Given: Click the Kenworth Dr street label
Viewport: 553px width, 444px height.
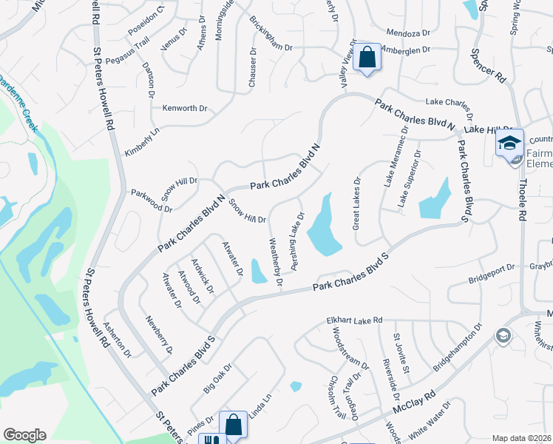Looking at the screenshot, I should pos(185,108).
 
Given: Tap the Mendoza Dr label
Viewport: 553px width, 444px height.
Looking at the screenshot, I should pos(409,33).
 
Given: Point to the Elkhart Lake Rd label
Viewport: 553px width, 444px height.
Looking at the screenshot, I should pos(354,320).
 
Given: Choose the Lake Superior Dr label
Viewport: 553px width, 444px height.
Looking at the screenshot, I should pos(410,178).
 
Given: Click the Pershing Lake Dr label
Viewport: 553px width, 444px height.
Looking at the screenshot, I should pos(296,241).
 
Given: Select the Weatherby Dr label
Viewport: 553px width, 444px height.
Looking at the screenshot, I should pos(276,260).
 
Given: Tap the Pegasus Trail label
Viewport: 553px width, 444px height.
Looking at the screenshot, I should pos(127,50).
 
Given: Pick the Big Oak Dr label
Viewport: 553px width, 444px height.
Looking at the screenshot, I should pos(217,377).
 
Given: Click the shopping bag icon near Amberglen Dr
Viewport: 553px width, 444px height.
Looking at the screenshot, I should pos(366,57).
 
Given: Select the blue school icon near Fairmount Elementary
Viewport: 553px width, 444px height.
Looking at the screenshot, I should pos(509,142).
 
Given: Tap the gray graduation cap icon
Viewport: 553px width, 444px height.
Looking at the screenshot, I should pos(503,336).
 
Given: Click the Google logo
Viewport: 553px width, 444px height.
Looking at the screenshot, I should pos(24,435).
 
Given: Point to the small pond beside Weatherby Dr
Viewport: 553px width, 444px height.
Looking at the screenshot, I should pos(258,272).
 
